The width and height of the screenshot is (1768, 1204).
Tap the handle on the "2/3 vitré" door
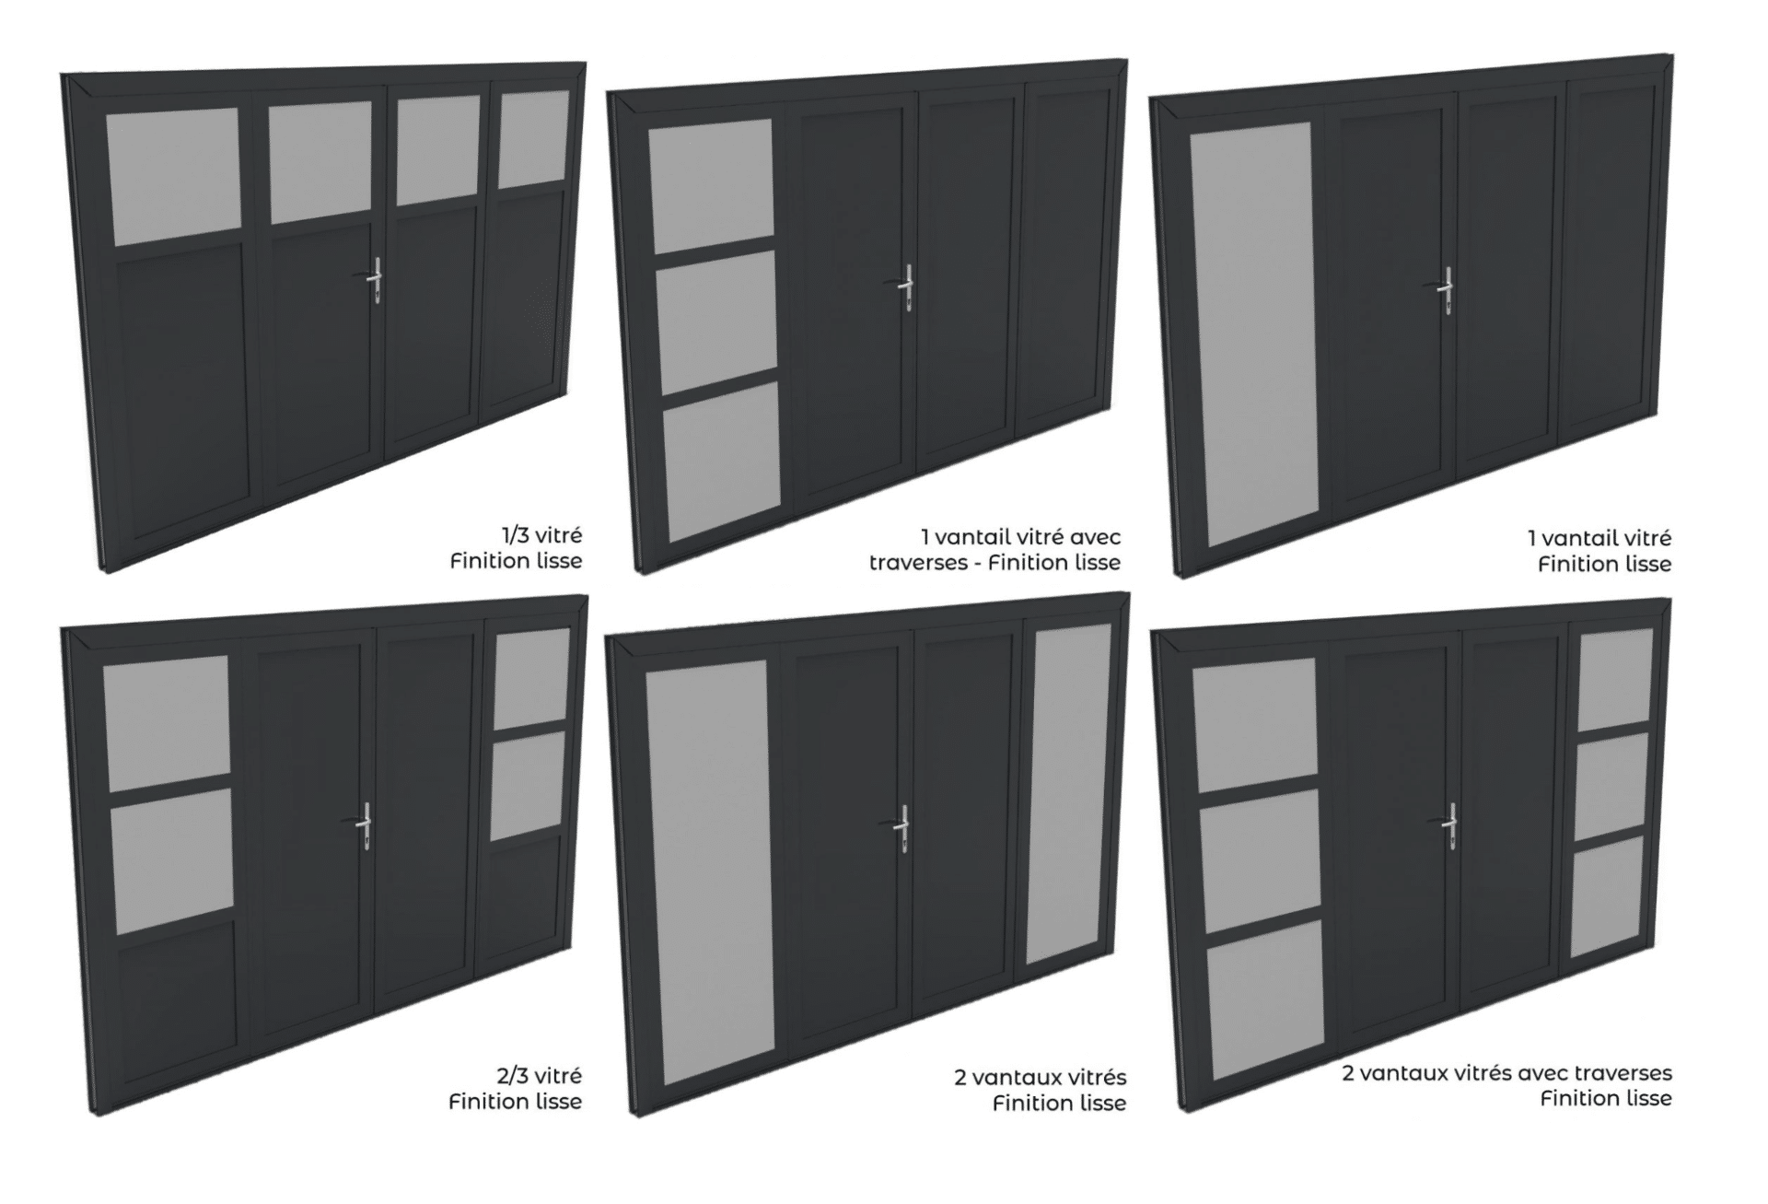coord(364,823)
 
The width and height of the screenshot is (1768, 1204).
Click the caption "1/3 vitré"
coord(541,535)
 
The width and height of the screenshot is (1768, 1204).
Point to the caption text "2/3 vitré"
coord(541,1075)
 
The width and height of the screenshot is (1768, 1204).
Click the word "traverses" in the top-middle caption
coord(916,562)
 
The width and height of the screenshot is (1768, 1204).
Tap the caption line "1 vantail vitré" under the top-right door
coord(1599,537)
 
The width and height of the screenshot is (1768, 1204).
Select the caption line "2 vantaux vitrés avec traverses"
coord(1506,1072)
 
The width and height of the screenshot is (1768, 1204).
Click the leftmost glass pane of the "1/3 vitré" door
coord(173,176)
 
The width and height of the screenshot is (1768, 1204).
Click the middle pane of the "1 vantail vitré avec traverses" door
coord(716,321)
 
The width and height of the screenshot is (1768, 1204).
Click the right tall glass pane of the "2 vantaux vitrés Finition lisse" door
coord(1069,793)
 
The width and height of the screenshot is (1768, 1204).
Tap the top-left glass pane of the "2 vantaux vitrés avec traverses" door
coord(1255,725)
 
